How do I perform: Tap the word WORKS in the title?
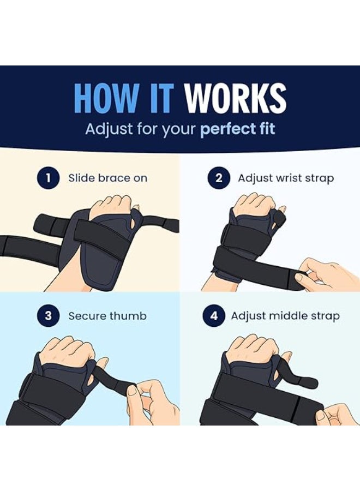[235, 99]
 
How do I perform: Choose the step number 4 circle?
[213, 316]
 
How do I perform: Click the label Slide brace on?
[107, 178]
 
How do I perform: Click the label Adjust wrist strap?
[286, 178]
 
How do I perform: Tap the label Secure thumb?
[107, 316]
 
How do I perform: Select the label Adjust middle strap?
[285, 316]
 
